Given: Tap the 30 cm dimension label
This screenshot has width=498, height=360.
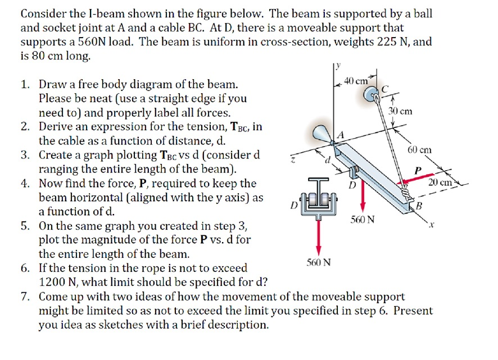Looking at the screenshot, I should click(400, 111).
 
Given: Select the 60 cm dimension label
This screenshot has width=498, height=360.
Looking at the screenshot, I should click(419, 150).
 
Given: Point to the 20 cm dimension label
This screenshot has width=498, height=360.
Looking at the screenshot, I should click(440, 184).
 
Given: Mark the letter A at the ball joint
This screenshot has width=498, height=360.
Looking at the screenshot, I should click(341, 134).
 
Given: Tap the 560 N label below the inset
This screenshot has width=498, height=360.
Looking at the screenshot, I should click(319, 262).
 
